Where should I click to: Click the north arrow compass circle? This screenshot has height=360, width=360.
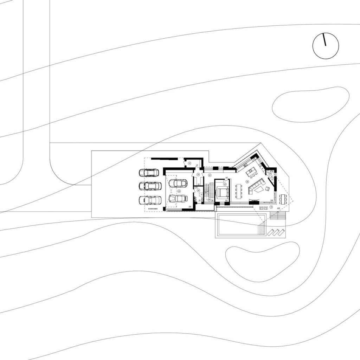(x=326, y=46)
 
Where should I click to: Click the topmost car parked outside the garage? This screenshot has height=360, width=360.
(x=149, y=173)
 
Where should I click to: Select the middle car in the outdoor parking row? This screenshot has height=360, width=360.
(x=150, y=186)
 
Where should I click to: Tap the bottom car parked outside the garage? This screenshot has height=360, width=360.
(x=150, y=200)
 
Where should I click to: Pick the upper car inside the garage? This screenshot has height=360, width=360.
(x=178, y=183)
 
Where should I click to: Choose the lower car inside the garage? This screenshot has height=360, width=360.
(x=178, y=198)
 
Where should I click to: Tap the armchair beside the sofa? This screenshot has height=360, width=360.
(x=268, y=189)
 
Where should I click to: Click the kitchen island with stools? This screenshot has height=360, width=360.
(x=251, y=173)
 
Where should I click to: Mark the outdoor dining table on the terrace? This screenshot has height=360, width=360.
(x=283, y=199)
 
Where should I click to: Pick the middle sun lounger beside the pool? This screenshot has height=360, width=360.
(x=276, y=232)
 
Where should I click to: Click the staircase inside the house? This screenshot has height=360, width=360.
(x=208, y=192)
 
